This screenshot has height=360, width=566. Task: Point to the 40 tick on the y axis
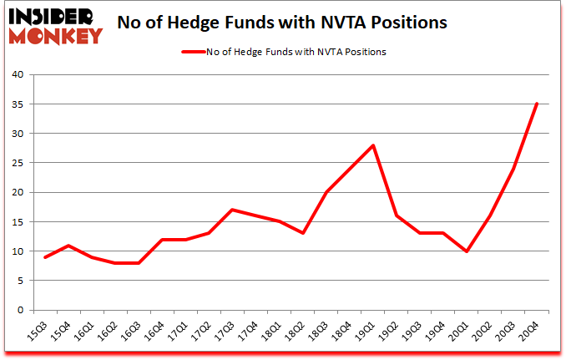coord(21,75)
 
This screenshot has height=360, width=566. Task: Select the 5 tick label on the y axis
coord(24,281)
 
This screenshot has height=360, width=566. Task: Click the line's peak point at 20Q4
coord(537,104)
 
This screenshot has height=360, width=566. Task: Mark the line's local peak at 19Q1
coord(373,145)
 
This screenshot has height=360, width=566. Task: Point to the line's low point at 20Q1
coord(467,251)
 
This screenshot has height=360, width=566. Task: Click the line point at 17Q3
coord(232,210)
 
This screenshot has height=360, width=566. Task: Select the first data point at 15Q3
coord(45,257)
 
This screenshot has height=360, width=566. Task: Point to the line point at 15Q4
coord(68,246)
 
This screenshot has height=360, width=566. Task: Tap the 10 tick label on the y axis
coord(21,252)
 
